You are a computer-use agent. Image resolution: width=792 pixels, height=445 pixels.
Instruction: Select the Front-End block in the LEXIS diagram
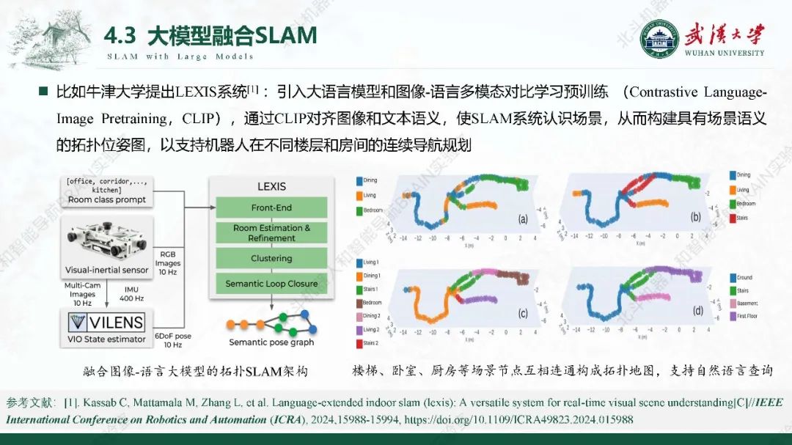click(271, 207)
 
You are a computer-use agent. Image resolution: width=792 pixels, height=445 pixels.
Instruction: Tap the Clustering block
click(271, 258)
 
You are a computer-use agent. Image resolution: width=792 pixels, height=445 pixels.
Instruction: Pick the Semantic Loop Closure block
click(271, 284)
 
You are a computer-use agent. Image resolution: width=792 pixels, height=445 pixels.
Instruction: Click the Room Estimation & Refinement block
click(271, 233)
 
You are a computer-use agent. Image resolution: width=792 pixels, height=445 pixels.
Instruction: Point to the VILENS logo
click(106, 322)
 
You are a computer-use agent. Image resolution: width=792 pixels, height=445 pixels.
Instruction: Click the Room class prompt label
click(106, 199)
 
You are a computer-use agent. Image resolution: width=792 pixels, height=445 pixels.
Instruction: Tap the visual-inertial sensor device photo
click(106, 238)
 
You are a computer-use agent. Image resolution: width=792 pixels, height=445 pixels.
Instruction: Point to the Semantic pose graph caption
click(271, 342)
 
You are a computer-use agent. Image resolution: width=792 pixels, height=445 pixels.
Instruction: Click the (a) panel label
click(523, 218)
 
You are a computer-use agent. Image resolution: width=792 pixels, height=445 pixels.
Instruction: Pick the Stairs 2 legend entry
click(370, 343)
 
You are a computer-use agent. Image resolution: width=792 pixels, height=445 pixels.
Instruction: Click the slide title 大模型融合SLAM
click(232, 35)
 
